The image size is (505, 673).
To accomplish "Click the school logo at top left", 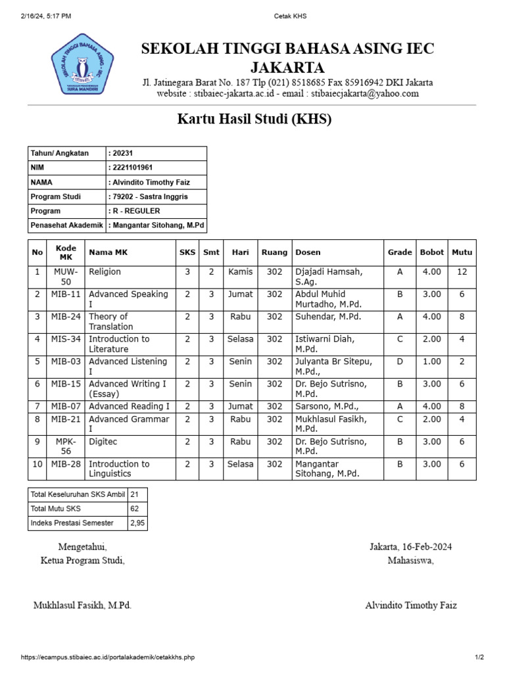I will pyautogui.click(x=83, y=64).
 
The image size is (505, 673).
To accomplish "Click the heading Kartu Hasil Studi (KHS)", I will pyautogui.click(x=254, y=119).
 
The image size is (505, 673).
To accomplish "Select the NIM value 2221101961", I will pyautogui.click(x=134, y=168).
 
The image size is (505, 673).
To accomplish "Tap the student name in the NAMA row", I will pyautogui.click(x=151, y=182).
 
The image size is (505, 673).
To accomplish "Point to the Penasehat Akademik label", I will pyautogui.click(x=66, y=225).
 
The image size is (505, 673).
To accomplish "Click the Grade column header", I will pyautogui.click(x=400, y=252).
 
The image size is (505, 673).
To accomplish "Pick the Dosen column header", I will pyautogui.click(x=308, y=252).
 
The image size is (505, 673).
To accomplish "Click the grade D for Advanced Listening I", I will pyautogui.click(x=400, y=361).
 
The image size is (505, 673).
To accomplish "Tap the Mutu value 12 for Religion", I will pyautogui.click(x=462, y=271).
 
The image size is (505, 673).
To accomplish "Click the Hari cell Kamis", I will pyautogui.click(x=240, y=271).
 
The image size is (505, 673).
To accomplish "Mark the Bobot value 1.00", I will pyautogui.click(x=431, y=361).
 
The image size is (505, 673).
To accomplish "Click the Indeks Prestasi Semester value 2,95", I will pyautogui.click(x=138, y=523).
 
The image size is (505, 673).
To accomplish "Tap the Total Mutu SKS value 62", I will pyautogui.click(x=135, y=509).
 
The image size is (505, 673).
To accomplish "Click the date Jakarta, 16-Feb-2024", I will pyautogui.click(x=410, y=547).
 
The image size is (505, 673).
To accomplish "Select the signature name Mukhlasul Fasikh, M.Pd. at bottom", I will pyautogui.click(x=82, y=605).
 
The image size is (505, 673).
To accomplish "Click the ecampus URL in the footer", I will pyautogui.click(x=108, y=657).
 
